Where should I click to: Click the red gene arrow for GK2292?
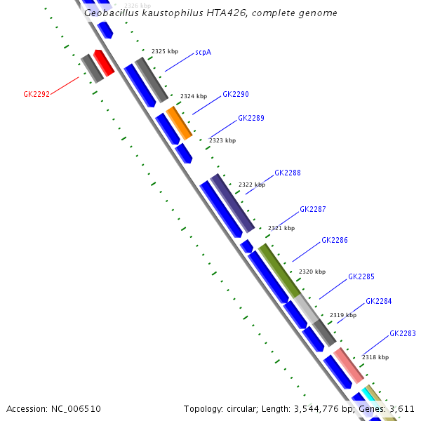point(104,62)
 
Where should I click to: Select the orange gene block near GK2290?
point(179,123)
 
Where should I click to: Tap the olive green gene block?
point(279,270)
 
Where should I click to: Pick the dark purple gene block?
point(232,203)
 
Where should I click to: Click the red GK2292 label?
point(36,94)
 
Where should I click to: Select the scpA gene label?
point(203,52)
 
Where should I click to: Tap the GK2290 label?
point(236,94)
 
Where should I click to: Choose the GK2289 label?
point(251,118)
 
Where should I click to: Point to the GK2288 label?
point(288,173)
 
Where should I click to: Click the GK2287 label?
point(313,209)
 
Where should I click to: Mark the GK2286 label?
point(335,240)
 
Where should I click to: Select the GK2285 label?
point(361,276)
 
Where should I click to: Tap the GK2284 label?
point(379,302)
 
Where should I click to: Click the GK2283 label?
point(403,333)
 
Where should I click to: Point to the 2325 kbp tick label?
point(165,51)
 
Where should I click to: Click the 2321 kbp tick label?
point(281,228)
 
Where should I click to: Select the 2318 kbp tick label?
point(375,357)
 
